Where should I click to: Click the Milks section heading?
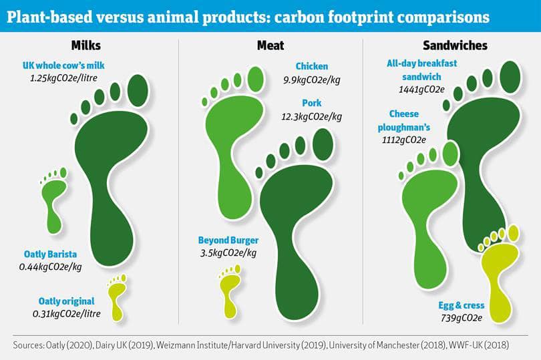pos(86,45)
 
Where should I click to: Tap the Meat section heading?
pos(270,45)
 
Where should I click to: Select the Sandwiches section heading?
pos(455,45)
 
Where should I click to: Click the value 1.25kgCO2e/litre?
pos(63,78)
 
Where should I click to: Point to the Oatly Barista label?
pos(50,254)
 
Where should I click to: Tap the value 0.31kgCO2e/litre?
pos(67,314)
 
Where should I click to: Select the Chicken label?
pos(311,66)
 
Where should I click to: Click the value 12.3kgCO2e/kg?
pos(311,117)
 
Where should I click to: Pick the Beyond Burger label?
pos(228,240)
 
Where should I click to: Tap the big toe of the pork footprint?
pos(323,145)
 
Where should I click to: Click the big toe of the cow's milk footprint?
pos(138,91)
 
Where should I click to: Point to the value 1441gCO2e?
pos(421,89)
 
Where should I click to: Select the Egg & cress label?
pos(462,305)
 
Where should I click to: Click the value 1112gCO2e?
pos(403,140)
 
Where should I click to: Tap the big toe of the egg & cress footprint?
pos(514,233)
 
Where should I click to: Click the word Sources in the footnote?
pos(28,345)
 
